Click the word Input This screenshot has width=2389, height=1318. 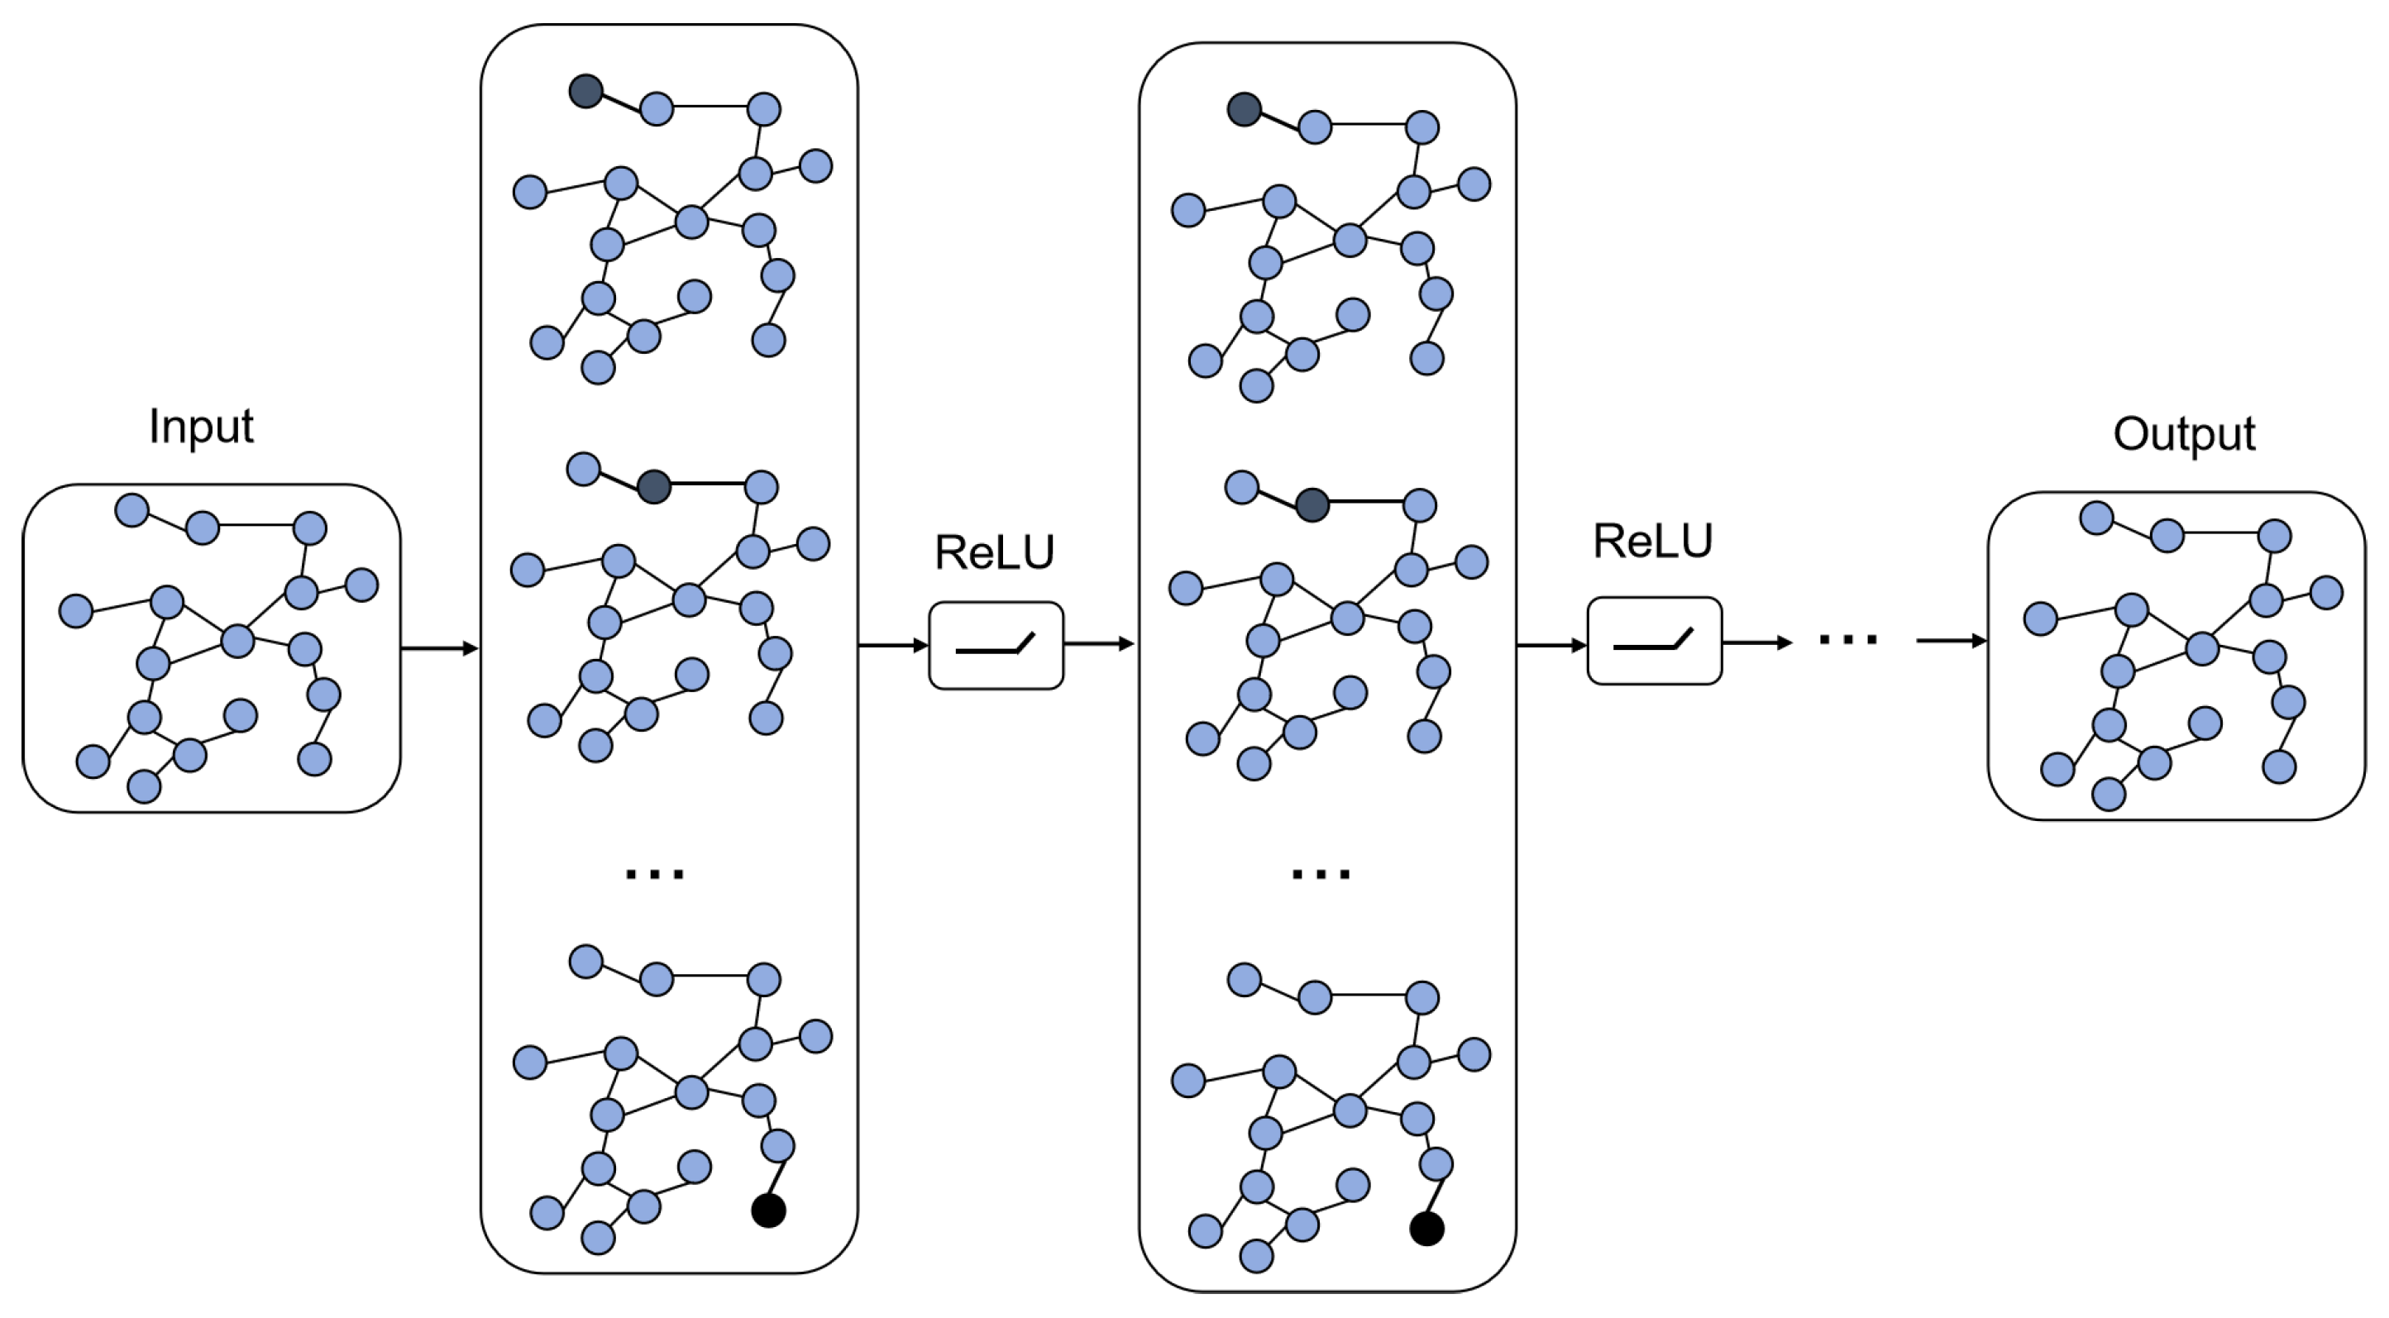201,427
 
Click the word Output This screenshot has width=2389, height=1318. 2184,434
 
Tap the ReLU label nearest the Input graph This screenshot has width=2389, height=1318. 994,553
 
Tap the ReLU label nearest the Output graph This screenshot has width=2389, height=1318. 1653,542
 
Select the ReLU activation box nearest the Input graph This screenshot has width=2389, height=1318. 996,646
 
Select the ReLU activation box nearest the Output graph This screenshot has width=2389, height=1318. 1655,641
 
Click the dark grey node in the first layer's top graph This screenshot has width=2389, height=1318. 586,91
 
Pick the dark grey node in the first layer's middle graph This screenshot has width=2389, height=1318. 654,487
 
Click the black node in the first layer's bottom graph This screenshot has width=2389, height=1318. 769,1211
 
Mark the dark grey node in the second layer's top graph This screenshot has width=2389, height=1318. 1245,109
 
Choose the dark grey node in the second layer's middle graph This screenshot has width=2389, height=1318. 1312,505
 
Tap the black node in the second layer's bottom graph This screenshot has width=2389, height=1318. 1427,1229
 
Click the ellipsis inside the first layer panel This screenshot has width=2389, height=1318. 655,874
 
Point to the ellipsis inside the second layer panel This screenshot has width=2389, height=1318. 1321,874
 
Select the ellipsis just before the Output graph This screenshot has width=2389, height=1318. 1848,638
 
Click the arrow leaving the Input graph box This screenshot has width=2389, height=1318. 440,648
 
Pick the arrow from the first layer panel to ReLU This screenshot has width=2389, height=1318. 893,645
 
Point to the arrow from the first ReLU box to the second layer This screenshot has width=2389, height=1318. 1100,643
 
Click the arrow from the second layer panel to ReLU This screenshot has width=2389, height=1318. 1551,645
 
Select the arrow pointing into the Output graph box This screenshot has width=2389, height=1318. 1952,640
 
